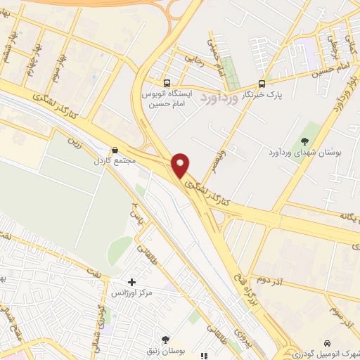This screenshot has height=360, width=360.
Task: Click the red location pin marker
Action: click(x=181, y=165)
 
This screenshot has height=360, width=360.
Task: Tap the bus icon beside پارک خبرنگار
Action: click(x=262, y=82)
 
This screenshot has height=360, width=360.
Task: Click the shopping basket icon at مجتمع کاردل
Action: click(x=115, y=150)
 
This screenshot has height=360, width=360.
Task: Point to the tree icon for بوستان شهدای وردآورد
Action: click(x=304, y=140)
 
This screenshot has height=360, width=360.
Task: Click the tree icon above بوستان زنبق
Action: click(x=166, y=339)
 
